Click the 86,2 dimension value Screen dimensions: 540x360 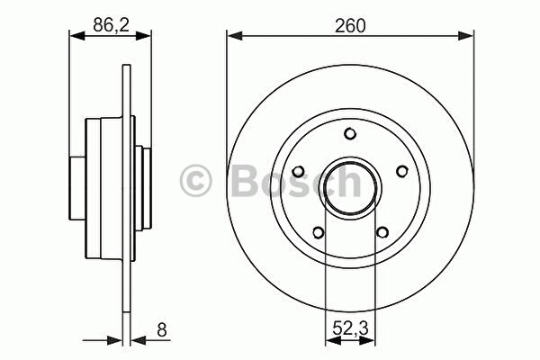111,25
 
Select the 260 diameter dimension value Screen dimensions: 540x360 350,26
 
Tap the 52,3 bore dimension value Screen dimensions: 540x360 351,328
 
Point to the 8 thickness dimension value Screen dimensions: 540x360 161,329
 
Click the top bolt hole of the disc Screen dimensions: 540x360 350,134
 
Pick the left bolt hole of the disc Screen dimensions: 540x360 298,172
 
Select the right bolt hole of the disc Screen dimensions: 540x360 402,171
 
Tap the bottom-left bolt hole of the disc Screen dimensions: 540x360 319,232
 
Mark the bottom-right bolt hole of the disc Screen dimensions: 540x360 382,232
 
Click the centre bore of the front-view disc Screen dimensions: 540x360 350,187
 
